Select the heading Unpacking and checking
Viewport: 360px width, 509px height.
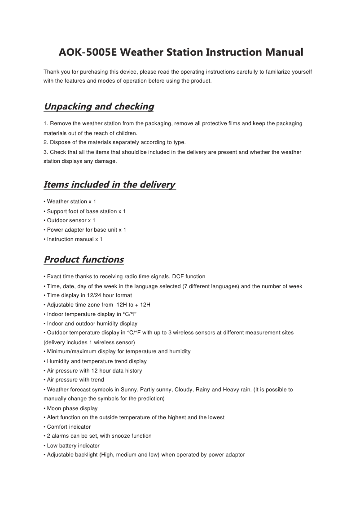click(99, 107)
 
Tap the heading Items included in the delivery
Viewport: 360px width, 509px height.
click(110, 184)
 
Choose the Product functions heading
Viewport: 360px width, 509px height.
click(83, 259)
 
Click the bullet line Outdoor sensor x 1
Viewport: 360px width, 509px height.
click(71, 220)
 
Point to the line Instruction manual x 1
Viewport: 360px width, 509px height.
click(75, 239)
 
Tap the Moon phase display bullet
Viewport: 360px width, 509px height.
click(72, 408)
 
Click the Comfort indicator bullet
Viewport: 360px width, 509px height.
click(69, 427)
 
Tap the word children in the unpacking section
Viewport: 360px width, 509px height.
click(126, 133)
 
